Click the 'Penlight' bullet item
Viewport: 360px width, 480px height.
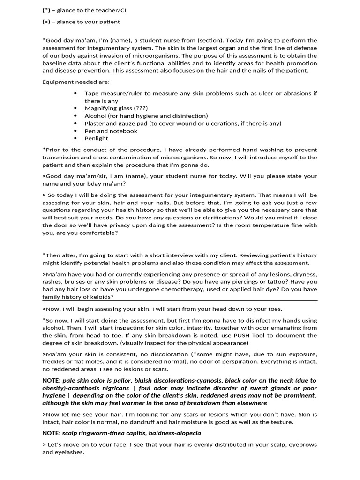[x=96, y=138]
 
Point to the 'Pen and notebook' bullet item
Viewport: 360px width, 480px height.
[x=111, y=131]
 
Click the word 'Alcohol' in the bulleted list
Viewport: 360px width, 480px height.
[x=95, y=116]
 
